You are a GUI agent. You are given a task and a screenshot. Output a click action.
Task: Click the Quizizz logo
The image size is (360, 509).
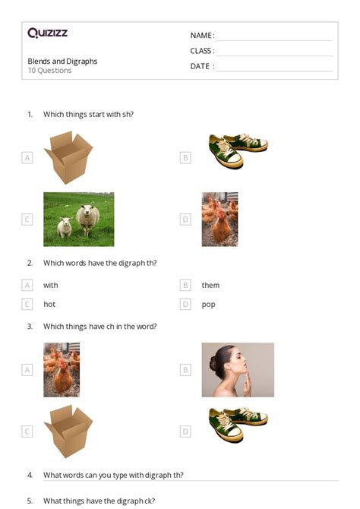click(47, 33)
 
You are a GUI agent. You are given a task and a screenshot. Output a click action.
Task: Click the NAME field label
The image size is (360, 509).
click(202, 36)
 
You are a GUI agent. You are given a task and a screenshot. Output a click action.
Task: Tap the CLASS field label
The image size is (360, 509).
click(202, 51)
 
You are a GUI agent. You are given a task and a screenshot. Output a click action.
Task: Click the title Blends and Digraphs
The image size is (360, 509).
click(62, 62)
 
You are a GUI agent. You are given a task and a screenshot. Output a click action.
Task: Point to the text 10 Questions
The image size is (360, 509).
click(49, 71)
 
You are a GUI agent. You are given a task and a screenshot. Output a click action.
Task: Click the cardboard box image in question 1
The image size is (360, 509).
click(68, 157)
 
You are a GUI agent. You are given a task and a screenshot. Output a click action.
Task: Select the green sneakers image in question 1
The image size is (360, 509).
click(237, 150)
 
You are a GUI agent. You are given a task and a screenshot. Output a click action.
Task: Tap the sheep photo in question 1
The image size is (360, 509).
click(79, 219)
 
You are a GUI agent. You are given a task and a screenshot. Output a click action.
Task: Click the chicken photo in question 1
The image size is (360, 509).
click(219, 219)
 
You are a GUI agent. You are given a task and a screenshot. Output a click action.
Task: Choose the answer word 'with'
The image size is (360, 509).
click(51, 285)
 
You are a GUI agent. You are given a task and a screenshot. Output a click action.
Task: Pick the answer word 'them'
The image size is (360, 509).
click(210, 285)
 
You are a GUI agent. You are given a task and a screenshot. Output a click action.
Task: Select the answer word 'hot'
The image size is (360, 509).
click(49, 304)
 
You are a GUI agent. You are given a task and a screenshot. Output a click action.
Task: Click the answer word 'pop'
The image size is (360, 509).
click(208, 304)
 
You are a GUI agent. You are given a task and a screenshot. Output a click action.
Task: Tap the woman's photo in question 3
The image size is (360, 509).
click(238, 369)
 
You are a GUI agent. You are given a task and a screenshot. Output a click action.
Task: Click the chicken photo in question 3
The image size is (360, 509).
click(62, 369)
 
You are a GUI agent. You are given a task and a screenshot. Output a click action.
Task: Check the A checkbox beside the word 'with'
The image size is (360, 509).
click(27, 285)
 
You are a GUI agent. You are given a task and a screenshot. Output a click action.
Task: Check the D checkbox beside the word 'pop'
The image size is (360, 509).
click(185, 304)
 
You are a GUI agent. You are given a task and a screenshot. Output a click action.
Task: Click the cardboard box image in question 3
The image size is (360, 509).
click(68, 431)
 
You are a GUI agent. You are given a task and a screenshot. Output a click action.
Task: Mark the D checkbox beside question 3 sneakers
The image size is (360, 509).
click(185, 432)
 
